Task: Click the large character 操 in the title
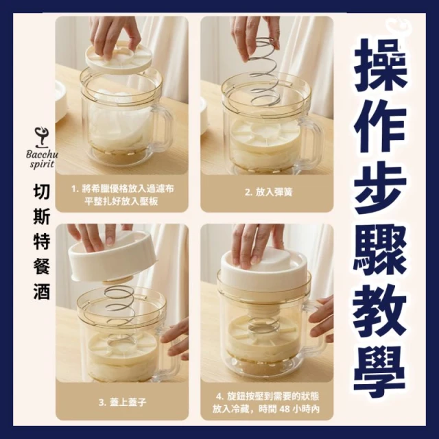pyautogui.click(x=379, y=66)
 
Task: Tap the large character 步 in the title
pyautogui.click(x=379, y=189)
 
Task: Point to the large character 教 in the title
pyautogui.click(x=379, y=313)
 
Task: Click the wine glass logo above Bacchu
pyautogui.click(x=41, y=138)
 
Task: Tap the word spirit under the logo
pyautogui.click(x=42, y=164)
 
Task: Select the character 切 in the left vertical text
pyautogui.click(x=41, y=192)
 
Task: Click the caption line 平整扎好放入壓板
pyautogui.click(x=121, y=201)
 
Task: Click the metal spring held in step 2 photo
pyautogui.click(x=265, y=72)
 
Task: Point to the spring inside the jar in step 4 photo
pyautogui.click(x=263, y=324)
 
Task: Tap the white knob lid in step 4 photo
pyautogui.click(x=262, y=264)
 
